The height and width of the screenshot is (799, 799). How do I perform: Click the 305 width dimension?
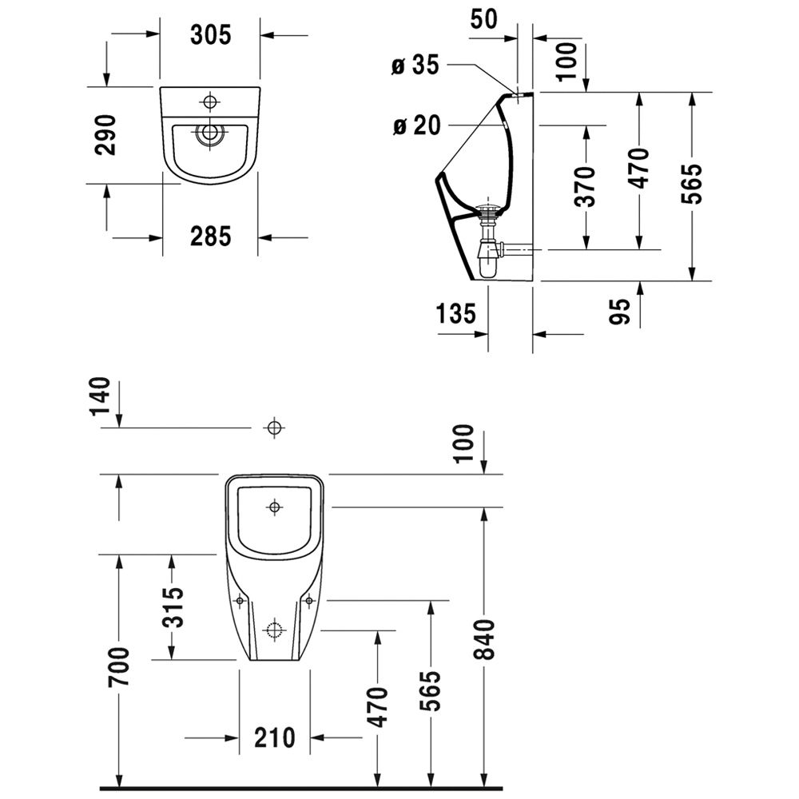(210, 34)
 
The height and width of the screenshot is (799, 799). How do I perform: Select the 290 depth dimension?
(105, 135)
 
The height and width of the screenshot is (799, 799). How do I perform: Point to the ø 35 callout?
(415, 66)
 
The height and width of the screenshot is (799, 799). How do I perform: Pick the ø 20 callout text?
(415, 125)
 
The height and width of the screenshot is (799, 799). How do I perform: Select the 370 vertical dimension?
(587, 186)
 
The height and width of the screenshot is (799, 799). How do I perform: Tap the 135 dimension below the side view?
(456, 312)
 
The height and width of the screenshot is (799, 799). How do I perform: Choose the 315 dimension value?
(173, 606)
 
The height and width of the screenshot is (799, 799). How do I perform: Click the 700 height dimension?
(118, 667)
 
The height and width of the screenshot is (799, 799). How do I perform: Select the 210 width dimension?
(275, 737)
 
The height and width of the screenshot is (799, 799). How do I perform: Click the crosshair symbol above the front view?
(274, 428)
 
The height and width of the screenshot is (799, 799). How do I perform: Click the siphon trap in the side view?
(487, 244)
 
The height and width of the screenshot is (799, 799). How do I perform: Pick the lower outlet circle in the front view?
(274, 629)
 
